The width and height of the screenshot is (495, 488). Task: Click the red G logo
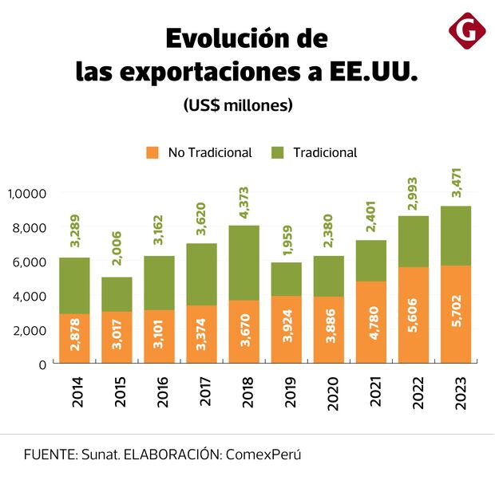click(x=467, y=31)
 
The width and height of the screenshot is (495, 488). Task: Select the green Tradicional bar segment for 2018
click(x=244, y=262)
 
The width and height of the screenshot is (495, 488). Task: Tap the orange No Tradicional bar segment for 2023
click(x=455, y=314)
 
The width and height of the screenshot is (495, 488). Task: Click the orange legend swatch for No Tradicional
click(x=153, y=152)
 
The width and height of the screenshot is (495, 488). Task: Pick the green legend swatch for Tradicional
click(x=279, y=152)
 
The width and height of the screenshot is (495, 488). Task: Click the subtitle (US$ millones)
click(x=238, y=104)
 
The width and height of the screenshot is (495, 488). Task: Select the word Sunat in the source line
click(x=100, y=455)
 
